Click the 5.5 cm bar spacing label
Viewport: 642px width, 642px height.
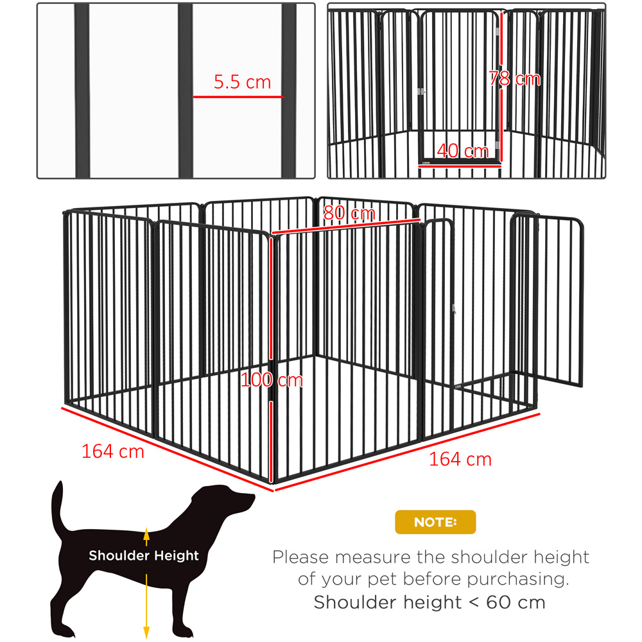click(x=243, y=82)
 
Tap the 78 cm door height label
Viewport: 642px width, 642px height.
click(x=515, y=78)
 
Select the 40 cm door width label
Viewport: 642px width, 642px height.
click(x=463, y=151)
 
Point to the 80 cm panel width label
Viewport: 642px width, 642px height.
click(x=349, y=213)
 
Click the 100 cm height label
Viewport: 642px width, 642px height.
click(x=272, y=380)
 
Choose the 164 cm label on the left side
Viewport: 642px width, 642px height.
click(x=113, y=451)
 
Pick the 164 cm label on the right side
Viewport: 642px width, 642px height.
click(x=460, y=460)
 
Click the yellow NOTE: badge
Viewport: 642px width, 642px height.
click(x=435, y=522)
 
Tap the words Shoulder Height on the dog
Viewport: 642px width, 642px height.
click(x=144, y=555)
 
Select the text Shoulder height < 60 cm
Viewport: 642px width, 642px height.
click(x=429, y=603)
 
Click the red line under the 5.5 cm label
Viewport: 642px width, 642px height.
click(x=238, y=97)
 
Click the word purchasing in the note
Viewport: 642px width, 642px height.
click(x=518, y=580)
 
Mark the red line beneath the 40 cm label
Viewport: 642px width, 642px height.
click(x=460, y=166)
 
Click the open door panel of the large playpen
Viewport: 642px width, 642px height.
click(x=546, y=299)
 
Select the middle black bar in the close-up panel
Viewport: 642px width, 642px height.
click(x=185, y=91)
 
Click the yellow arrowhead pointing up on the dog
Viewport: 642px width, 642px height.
click(x=146, y=533)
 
